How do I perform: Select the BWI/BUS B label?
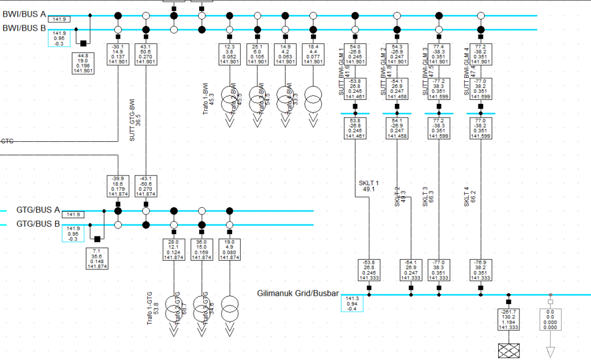coord(24,28)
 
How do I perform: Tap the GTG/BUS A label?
coord(38,209)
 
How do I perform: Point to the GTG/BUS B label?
coord(38,224)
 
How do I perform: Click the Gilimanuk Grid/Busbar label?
coord(298,293)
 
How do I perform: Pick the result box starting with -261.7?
coord(508,320)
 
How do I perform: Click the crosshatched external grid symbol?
coord(508,350)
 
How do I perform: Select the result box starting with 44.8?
coord(83,63)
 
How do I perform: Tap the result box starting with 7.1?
coord(96,259)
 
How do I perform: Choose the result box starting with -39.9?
coord(118,186)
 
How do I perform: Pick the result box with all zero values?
coord(550,320)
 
